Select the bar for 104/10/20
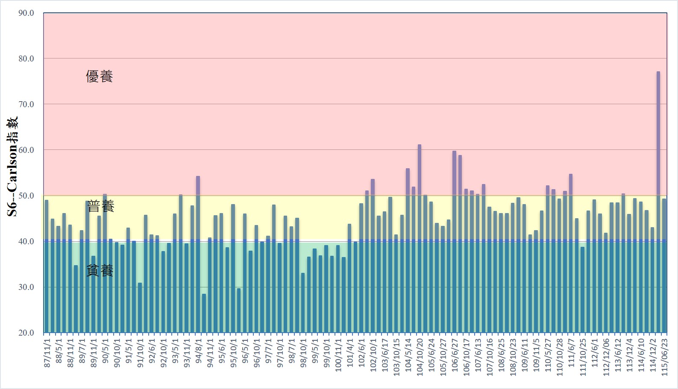tap(420, 239)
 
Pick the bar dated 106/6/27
tap(454, 242)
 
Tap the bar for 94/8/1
tap(198, 254)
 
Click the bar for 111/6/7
tap(571, 253)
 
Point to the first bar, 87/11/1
tap(47, 266)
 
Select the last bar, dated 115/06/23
tap(664, 266)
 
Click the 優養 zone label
tap(99, 76)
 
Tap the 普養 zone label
tap(101, 206)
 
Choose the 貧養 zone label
tap(100, 270)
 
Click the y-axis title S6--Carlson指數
tap(12, 167)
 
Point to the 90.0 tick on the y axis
tap(26, 13)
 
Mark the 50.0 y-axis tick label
tap(26, 196)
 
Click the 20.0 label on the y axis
tap(26, 333)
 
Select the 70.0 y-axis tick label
tap(26, 104)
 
